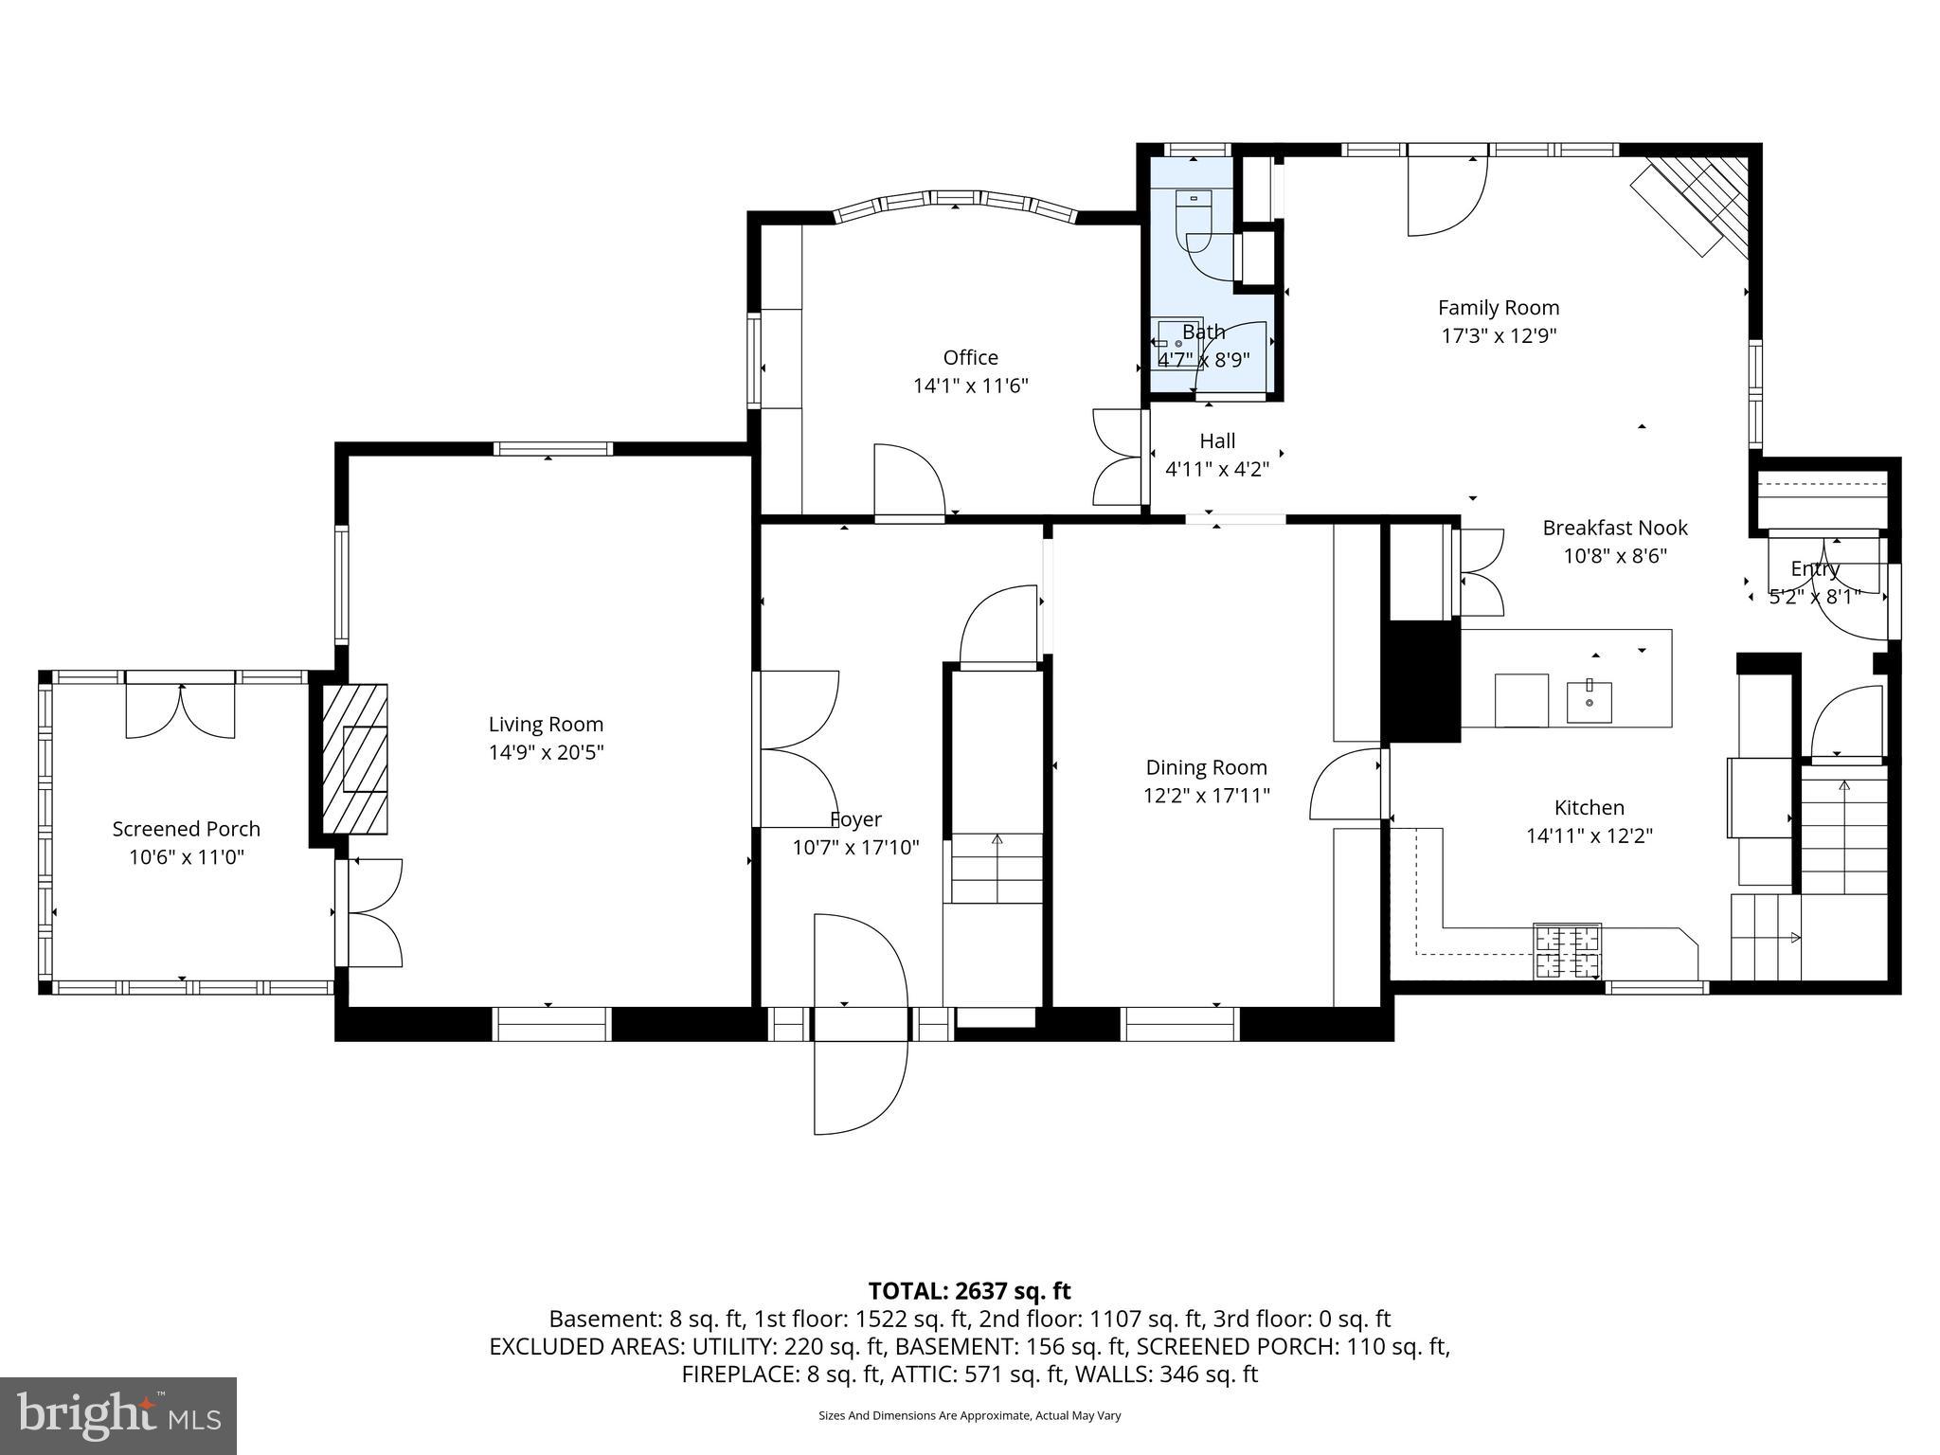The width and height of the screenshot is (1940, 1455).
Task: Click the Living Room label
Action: coord(546,725)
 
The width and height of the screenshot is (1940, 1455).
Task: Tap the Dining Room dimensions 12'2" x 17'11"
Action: coord(1206,796)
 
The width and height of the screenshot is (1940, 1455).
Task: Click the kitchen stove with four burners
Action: coord(1567,951)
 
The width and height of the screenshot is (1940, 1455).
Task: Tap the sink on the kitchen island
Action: coord(1589,701)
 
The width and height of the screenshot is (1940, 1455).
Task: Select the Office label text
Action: coord(970,357)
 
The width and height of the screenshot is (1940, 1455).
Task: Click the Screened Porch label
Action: coord(186,829)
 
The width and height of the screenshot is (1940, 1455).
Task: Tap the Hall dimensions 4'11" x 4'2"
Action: coord(1216,469)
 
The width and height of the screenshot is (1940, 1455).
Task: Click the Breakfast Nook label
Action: coord(1614,528)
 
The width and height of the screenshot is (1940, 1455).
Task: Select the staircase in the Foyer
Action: coord(997,867)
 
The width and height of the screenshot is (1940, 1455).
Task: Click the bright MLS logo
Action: coord(118,1415)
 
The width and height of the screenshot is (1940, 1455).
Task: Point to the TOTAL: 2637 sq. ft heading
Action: coord(969,1291)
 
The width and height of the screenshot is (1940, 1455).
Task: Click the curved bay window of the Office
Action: coord(955,201)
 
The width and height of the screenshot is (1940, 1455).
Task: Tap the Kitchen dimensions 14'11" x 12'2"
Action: coord(1589,835)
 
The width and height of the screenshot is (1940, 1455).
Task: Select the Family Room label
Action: coord(1498,308)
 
